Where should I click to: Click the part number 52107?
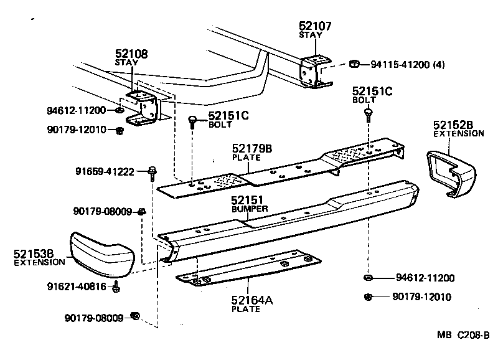(x=315, y=26)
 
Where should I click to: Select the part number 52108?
(x=131, y=54)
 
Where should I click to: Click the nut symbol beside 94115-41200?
(x=354, y=64)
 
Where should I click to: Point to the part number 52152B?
(x=454, y=125)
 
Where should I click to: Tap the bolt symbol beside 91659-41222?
(x=152, y=171)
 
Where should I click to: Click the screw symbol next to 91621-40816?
(x=116, y=287)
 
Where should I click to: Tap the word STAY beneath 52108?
(x=127, y=63)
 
